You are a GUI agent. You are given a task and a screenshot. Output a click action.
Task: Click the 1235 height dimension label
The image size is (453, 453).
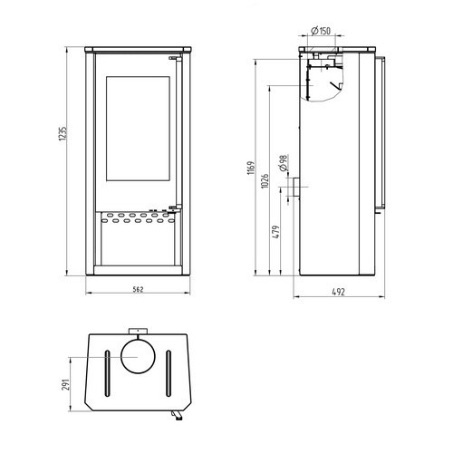click(63, 134)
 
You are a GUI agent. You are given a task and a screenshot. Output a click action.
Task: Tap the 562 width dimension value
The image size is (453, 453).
click(138, 289)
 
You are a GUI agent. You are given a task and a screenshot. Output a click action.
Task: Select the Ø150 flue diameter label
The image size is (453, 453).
click(321, 31)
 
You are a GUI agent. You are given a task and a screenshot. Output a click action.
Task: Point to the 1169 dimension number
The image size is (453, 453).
click(251, 168)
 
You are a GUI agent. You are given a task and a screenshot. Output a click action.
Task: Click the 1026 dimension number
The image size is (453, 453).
click(265, 181)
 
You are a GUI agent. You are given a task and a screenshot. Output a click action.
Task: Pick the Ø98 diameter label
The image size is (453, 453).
click(284, 163)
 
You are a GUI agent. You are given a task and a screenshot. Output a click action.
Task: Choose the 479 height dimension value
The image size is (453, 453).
click(276, 232)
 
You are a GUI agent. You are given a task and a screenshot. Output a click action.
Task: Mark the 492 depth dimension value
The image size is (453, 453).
click(338, 292)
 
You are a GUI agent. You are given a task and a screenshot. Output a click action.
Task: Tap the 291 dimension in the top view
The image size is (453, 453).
click(66, 384)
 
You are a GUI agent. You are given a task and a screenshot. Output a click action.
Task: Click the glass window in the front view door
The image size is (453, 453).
click(138, 129)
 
